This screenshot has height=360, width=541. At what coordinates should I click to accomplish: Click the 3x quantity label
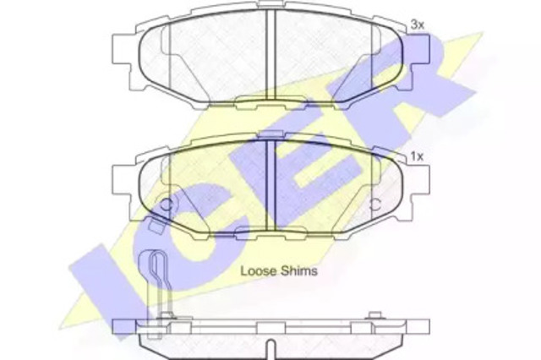click(417, 25)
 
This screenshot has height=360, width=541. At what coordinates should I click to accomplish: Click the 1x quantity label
click(417, 157)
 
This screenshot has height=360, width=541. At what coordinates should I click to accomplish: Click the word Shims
click(299, 270)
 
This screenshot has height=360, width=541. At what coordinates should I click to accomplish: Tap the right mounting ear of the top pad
click(420, 49)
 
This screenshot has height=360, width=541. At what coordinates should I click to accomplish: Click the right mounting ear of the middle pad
click(420, 181)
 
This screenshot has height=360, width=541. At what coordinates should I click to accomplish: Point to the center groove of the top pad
click(270, 54)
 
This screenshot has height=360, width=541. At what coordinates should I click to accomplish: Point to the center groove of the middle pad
click(270, 186)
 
